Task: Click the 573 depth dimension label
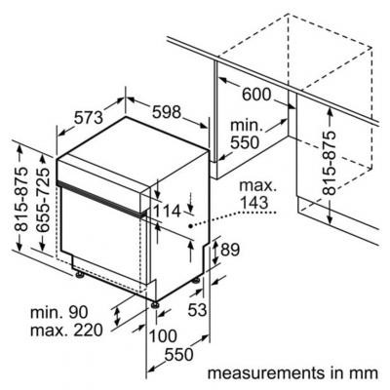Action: pos(89,118)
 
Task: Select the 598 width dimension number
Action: pos(167,112)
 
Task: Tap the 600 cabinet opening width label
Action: pos(256,95)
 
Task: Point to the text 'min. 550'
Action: pos(245,135)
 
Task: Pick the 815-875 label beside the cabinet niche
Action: pos(330,163)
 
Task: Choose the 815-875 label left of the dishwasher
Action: pos(22,199)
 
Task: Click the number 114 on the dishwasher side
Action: pos(167,212)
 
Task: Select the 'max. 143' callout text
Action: pos(257,194)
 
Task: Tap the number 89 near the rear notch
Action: pos(230,250)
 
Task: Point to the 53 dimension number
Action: pos(197,310)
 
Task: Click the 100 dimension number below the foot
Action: pos(163,336)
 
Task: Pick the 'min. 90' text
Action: pos(58,312)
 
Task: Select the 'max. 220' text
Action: pos(66,331)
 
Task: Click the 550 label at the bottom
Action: pos(178,354)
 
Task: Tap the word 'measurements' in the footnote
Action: pos(266,373)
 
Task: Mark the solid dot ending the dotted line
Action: pos(190,225)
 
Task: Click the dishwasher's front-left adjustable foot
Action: pos(79,275)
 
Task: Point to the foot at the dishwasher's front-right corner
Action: pos(156,305)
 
